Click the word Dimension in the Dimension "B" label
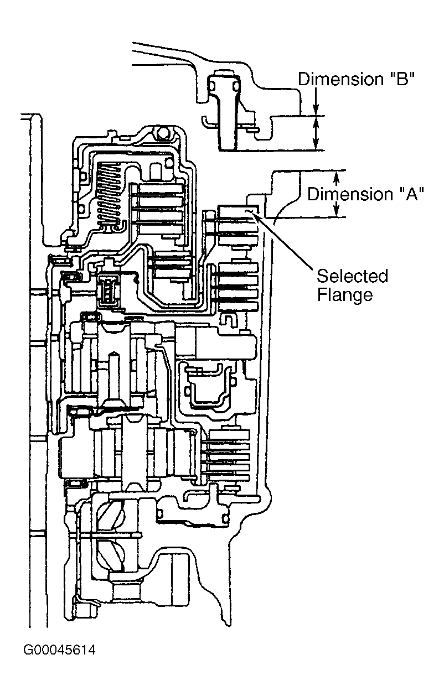(x=340, y=79)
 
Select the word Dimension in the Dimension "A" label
(x=350, y=194)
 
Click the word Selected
(x=353, y=276)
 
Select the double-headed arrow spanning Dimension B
(x=316, y=133)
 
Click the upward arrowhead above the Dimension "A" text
(x=336, y=178)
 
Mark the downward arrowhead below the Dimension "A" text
(x=336, y=209)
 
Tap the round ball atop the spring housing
(x=162, y=133)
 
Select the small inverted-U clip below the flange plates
(x=230, y=319)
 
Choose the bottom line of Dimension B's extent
(x=272, y=150)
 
